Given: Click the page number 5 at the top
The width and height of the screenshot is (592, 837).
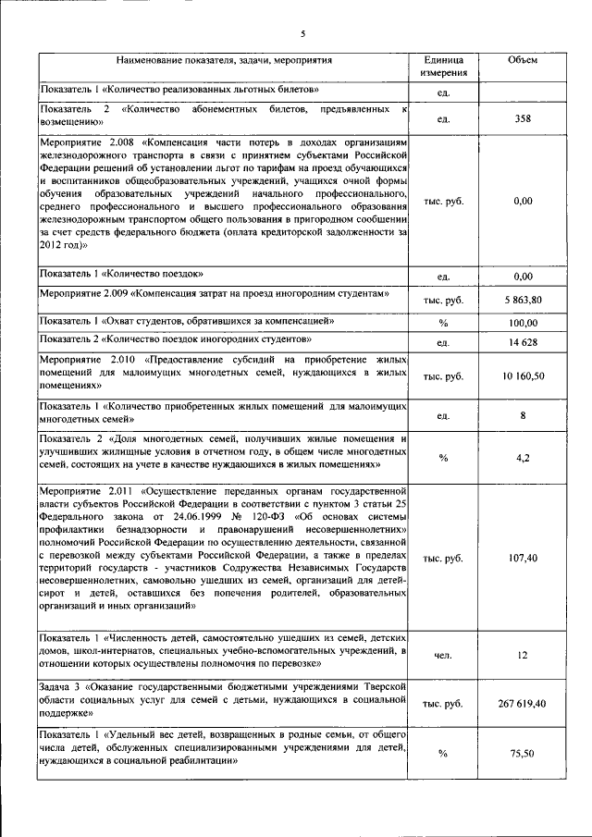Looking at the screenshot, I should [x=302, y=34].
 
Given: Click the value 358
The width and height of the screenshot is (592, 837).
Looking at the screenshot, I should [x=523, y=118].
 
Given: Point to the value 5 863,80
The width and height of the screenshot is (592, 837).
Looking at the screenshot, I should [x=523, y=301].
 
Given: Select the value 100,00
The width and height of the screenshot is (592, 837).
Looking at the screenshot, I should [x=524, y=323].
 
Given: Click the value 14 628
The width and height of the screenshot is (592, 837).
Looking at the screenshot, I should [x=523, y=344].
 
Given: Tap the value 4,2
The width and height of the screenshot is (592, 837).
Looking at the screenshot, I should [x=524, y=457].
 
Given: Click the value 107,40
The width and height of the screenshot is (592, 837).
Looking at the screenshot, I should [x=523, y=559].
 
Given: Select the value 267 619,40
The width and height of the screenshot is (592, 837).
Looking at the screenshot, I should [x=523, y=705].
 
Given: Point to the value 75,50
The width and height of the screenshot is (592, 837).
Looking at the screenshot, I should [x=524, y=754].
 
